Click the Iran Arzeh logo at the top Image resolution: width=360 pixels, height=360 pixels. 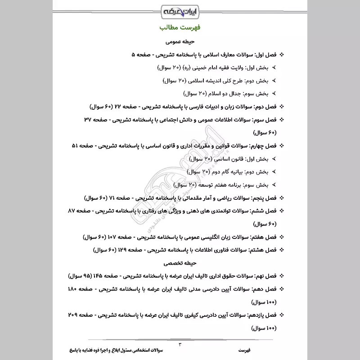[x=180, y=10]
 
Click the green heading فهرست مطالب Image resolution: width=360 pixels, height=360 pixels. [x=180, y=28]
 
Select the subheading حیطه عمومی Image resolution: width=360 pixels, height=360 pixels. [x=180, y=41]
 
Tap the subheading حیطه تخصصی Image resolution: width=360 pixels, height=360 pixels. [x=180, y=262]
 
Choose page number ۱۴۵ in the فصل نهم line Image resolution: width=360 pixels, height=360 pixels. [x=99, y=275]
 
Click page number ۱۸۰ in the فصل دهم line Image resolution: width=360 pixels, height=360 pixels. [x=76, y=288]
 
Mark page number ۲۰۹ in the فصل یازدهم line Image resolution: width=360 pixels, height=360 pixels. [x=74, y=314]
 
